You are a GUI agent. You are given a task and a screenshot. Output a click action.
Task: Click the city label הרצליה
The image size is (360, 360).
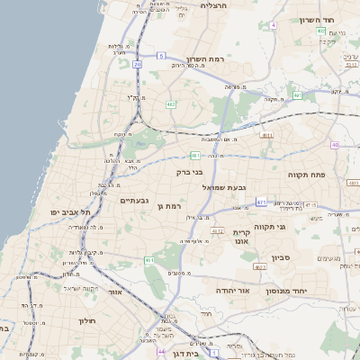tap(215, 6)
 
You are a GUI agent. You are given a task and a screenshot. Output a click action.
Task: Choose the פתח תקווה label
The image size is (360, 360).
tap(305, 173)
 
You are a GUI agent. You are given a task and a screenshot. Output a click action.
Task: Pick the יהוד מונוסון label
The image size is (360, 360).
tap(288, 292)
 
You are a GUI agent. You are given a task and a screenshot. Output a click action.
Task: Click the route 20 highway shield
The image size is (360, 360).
tap(137, 65)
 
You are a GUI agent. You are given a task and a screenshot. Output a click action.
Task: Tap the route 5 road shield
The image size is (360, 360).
tap(161, 56)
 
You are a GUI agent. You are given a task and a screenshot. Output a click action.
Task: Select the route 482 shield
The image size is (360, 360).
tap(171, 104)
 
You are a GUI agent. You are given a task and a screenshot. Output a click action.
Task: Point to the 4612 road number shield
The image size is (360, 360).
tap(217, 231)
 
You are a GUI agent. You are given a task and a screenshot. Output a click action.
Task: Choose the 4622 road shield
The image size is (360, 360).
tap(261, 267)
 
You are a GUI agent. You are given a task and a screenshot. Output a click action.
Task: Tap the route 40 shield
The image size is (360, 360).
tap(336, 144)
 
